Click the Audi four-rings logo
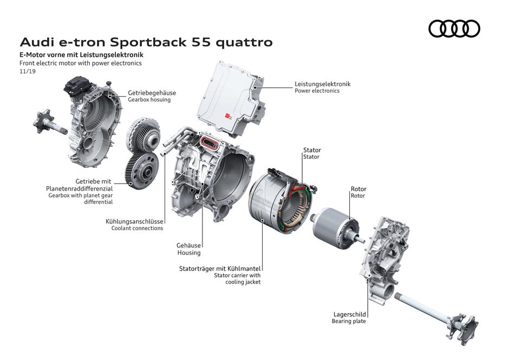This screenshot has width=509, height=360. click(454, 29)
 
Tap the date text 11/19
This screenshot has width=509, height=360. click(27, 71)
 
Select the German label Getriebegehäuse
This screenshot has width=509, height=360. click(152, 93)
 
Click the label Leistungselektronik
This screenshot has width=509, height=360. click(322, 84)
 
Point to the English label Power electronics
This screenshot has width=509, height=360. click(317, 91)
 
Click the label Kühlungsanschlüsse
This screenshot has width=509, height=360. click(134, 221)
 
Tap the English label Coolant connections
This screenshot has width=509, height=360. click(136, 228)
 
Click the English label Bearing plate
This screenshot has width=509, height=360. click(349, 322)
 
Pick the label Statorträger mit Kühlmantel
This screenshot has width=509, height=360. click(220, 268)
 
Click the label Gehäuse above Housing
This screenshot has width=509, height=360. click(188, 245)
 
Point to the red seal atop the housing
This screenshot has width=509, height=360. click(209, 143)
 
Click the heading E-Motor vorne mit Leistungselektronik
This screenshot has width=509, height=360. click(81, 55)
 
